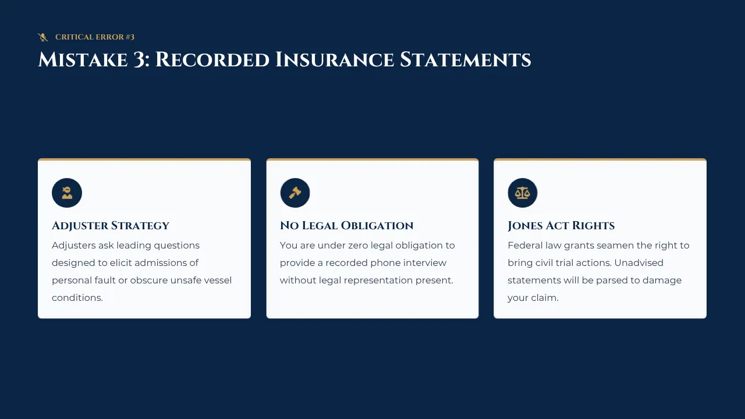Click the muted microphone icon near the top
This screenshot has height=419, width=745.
(x=43, y=37)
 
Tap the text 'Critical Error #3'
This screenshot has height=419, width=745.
(x=95, y=37)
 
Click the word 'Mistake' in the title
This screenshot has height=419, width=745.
(x=83, y=60)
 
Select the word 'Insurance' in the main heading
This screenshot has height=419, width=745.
(x=335, y=60)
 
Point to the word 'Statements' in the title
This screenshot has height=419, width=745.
(x=465, y=60)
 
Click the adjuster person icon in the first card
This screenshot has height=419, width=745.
(x=67, y=193)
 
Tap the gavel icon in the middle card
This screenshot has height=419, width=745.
(x=295, y=193)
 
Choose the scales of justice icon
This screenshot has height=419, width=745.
(x=523, y=193)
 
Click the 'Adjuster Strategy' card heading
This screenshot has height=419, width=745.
(x=111, y=225)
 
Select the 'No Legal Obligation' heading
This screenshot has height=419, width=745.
(x=346, y=225)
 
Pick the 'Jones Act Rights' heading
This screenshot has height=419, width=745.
(x=561, y=225)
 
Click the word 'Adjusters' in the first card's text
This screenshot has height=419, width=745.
(x=73, y=246)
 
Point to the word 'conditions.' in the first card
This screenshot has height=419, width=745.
(x=77, y=297)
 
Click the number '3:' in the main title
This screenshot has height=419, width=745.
(x=141, y=60)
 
